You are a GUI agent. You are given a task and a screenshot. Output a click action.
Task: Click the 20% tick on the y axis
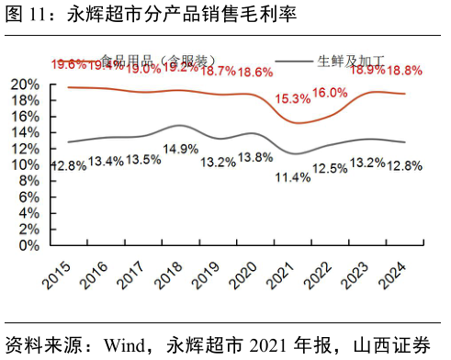[x=25, y=84]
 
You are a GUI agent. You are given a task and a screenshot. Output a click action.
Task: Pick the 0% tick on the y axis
[x=29, y=245]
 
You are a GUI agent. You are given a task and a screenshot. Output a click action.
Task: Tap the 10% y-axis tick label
[x=25, y=164]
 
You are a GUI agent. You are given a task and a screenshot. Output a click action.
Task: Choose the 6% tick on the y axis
[x=29, y=197]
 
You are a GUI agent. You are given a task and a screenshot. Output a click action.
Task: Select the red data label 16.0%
[x=330, y=93]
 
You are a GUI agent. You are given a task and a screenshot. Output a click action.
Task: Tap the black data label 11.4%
[x=293, y=177]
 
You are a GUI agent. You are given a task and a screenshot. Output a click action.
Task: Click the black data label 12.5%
[x=330, y=168]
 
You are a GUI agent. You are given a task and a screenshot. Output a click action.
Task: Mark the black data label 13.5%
[x=142, y=159]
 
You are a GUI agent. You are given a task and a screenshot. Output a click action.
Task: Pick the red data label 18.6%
[x=254, y=72]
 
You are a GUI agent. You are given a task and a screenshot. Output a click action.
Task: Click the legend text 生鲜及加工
[x=351, y=62]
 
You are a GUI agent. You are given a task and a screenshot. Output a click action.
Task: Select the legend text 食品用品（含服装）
[x=157, y=62]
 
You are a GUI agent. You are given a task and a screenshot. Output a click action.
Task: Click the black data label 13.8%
[x=255, y=158]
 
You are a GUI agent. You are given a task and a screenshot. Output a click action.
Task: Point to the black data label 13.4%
[x=106, y=162]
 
